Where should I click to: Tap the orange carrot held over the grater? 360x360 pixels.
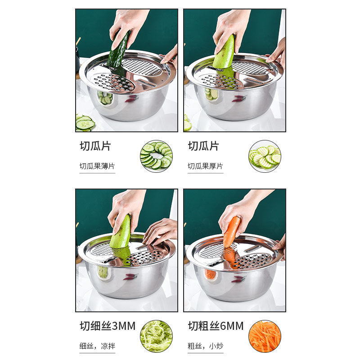coord(231,232)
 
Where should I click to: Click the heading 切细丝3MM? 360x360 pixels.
coord(108,326)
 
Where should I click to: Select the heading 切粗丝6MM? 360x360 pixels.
coord(216,326)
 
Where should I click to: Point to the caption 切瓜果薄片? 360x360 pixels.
coord(97,166)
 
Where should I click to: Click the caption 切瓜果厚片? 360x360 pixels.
coord(205,166)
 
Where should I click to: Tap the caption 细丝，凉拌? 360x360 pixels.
coord(97,346)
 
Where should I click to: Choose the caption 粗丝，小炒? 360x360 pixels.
coord(205,346)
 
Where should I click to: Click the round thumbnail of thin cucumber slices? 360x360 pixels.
coord(156,156)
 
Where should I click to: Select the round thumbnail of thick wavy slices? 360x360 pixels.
coord(265,156)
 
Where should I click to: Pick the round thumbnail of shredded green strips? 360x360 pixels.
coord(156,336)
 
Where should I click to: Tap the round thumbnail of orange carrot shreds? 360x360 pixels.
coord(265,336)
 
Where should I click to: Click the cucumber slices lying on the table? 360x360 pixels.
coord(85,123)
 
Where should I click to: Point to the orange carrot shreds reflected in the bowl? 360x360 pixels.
coord(210,274)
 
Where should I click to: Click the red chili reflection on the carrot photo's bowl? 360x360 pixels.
coord(239,279)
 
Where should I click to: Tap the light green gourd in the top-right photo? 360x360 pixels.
coord(224,52)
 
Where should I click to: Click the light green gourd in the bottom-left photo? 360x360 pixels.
coord(121,231)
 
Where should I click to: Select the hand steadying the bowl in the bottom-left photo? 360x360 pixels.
coord(160,231)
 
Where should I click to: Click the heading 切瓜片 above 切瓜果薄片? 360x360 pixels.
coord(95,146)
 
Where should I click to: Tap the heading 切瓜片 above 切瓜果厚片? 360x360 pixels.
coord(203,146)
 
